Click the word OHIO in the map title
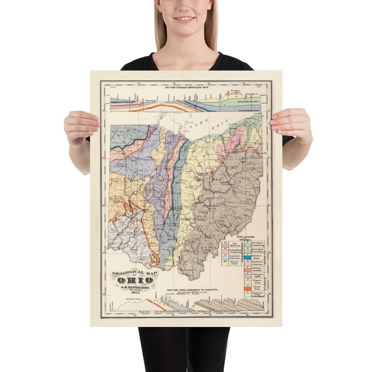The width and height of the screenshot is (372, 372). click(135, 280)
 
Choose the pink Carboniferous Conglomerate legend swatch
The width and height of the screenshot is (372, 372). click(225, 249)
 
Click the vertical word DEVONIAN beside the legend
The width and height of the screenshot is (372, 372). click(265, 258)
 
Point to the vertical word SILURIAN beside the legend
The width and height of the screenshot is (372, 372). click(265, 282)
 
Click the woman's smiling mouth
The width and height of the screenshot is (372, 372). click(185, 19)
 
